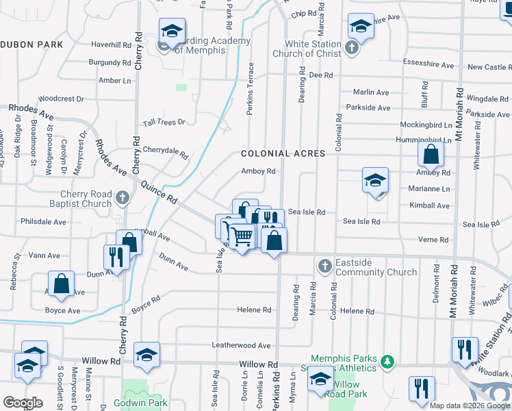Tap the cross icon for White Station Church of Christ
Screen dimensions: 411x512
(x=352, y=48)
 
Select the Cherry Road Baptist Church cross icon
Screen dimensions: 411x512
(x=122, y=198)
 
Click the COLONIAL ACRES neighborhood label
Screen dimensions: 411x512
(x=283, y=153)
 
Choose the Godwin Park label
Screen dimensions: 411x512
(x=145, y=403)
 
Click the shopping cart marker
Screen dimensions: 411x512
(x=242, y=237)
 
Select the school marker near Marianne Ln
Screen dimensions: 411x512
(x=375, y=182)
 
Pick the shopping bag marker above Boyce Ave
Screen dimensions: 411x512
(x=62, y=286)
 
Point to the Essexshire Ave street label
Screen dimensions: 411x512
(x=428, y=66)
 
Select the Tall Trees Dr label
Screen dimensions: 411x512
(x=164, y=123)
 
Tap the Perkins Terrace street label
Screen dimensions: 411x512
(x=251, y=89)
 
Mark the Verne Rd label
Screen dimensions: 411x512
(x=434, y=240)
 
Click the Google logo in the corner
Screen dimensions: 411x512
(x=23, y=403)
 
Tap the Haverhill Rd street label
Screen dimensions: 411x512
(x=110, y=45)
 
